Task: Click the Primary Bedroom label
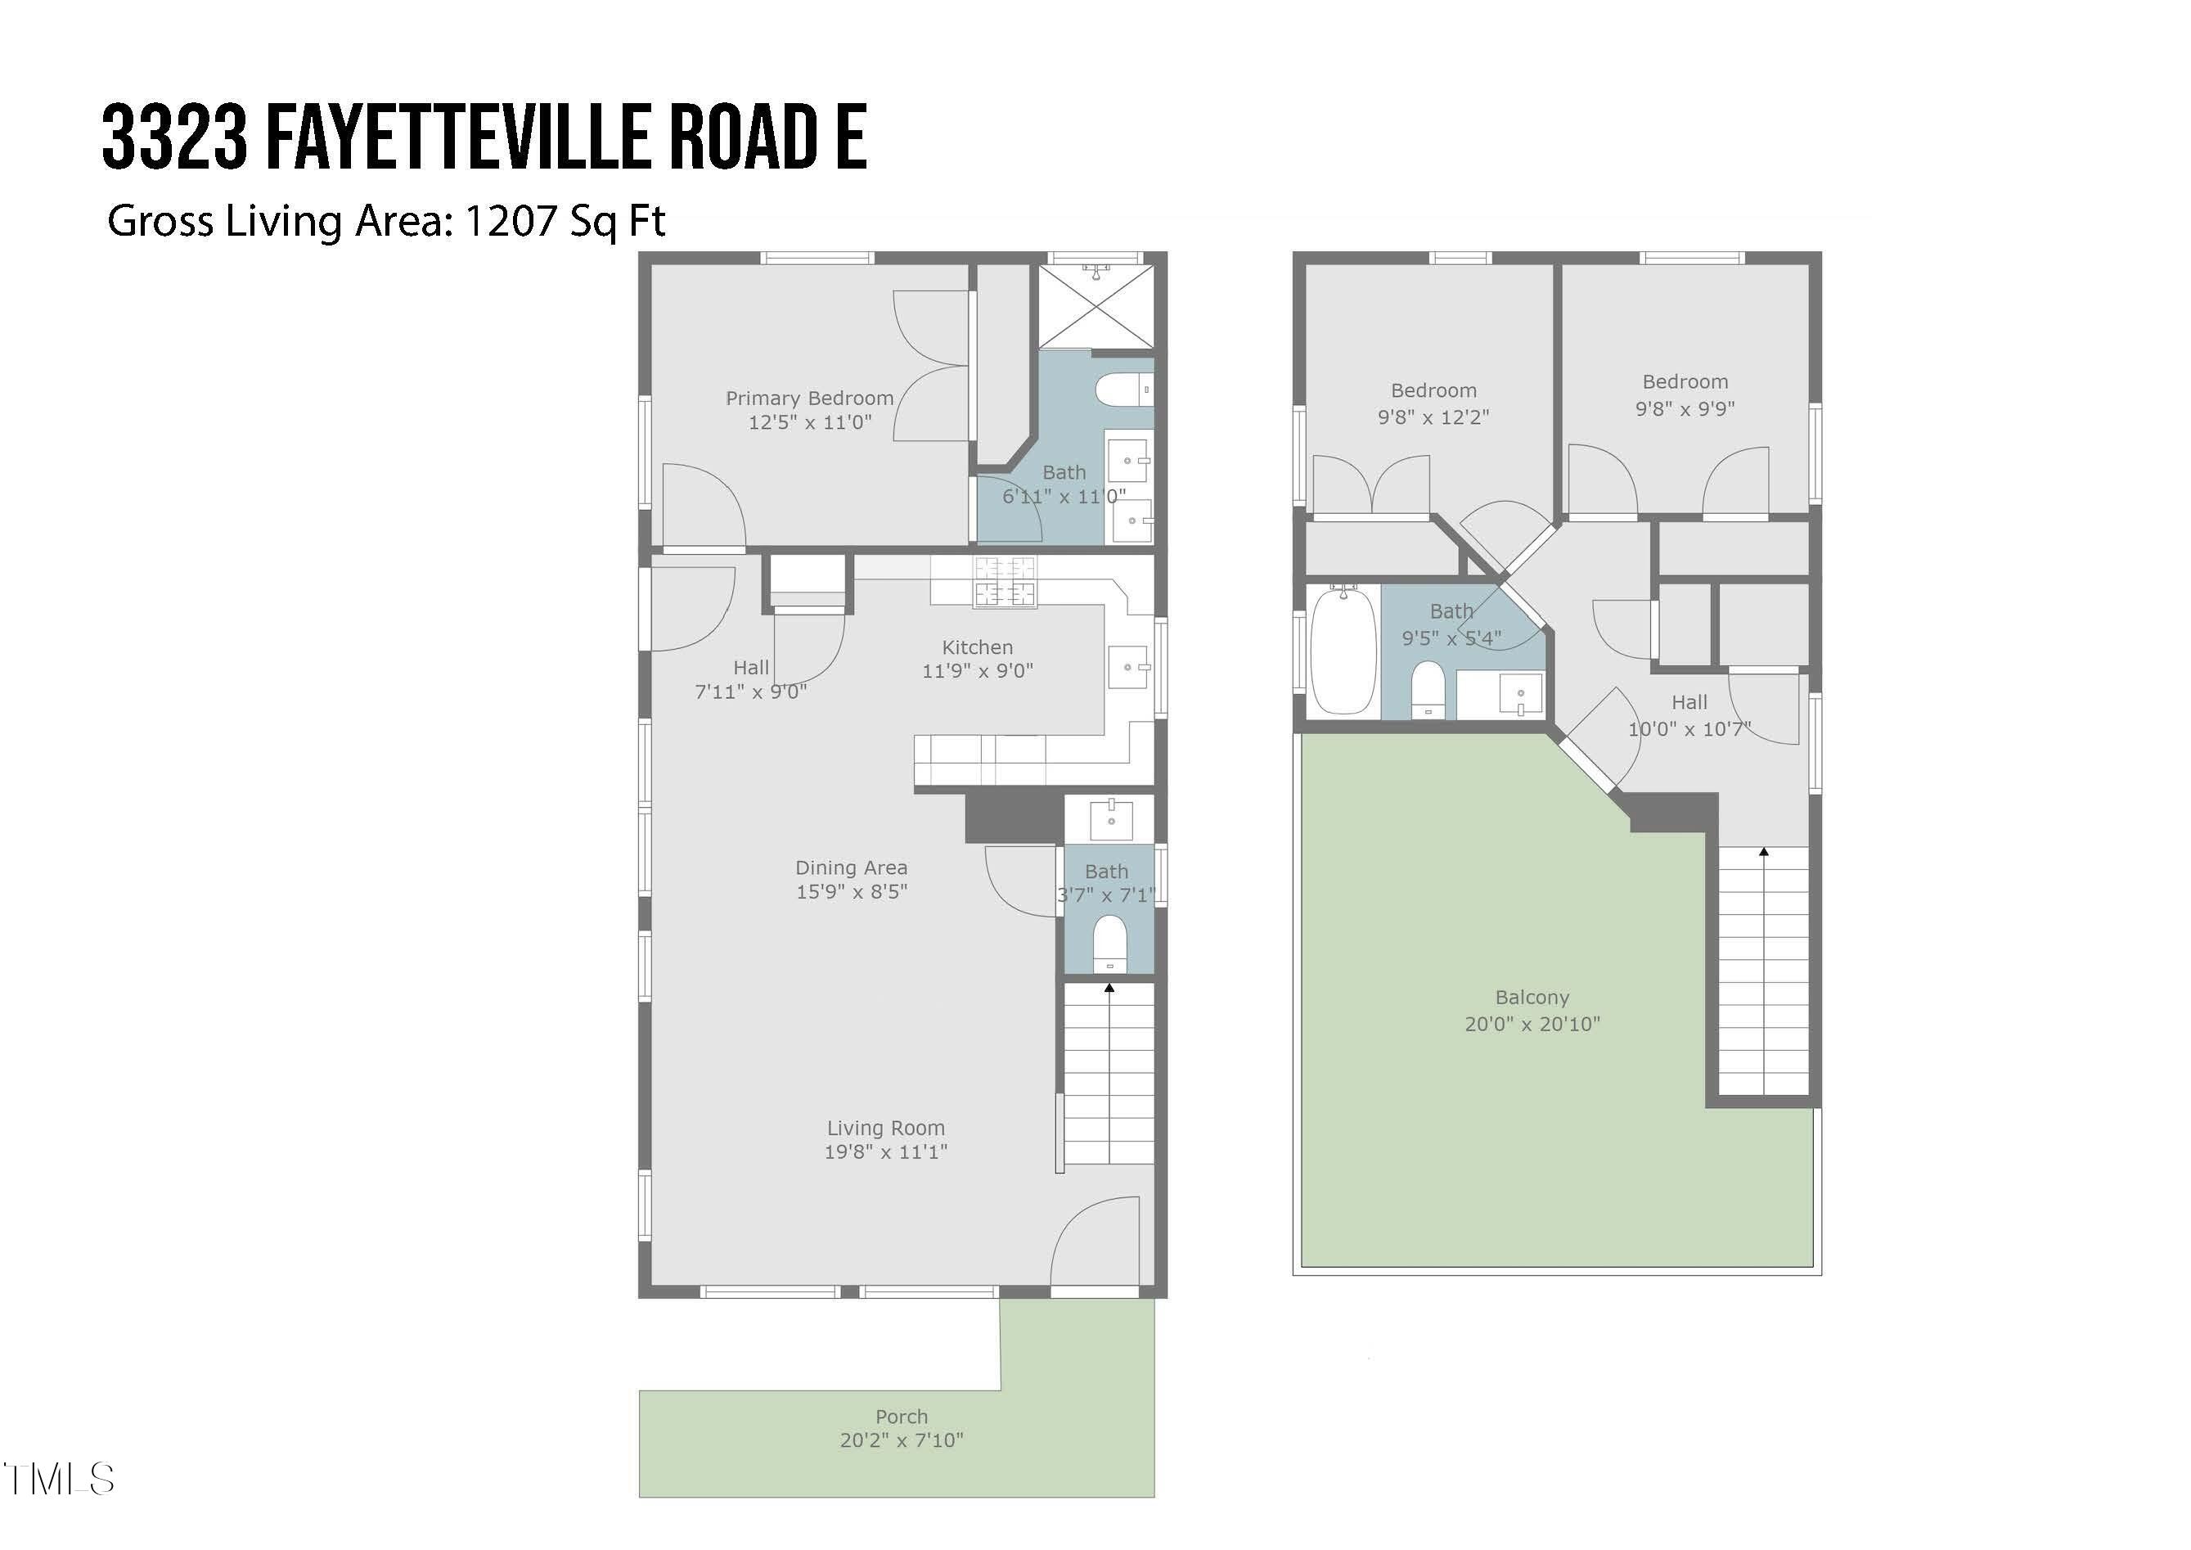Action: (x=809, y=398)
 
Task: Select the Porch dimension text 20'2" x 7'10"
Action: (x=901, y=1440)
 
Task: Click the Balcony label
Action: (x=1532, y=998)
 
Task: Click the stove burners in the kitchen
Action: (x=1004, y=581)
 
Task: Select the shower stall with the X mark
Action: (x=1095, y=306)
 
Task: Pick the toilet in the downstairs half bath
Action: (x=1109, y=943)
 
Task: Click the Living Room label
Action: (x=885, y=1129)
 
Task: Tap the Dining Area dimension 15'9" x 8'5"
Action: (x=851, y=891)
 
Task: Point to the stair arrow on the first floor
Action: (x=1109, y=989)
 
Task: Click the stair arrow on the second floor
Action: (x=1763, y=851)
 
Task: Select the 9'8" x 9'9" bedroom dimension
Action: (x=1685, y=408)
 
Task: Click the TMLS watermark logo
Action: (x=59, y=1480)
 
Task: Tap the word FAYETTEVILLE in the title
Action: (x=459, y=138)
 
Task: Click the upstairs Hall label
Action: (x=1688, y=702)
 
